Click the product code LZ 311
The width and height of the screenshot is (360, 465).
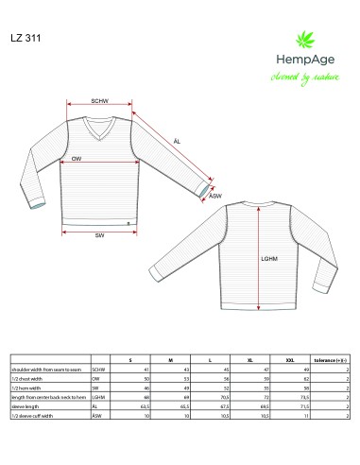click(26, 38)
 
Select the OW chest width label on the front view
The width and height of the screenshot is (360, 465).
click(76, 160)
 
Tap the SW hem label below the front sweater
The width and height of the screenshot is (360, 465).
click(99, 234)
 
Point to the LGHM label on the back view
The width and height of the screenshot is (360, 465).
click(269, 256)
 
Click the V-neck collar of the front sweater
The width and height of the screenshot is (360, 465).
click(99, 126)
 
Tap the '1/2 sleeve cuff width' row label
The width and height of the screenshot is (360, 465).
click(32, 416)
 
